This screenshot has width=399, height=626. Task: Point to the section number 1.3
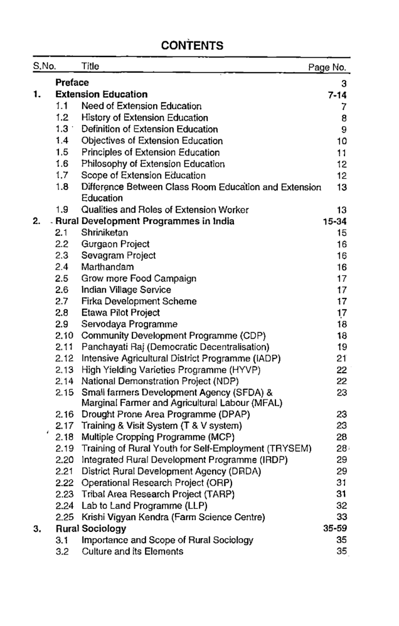[61, 129]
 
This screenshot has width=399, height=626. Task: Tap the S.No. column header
[45, 67]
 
